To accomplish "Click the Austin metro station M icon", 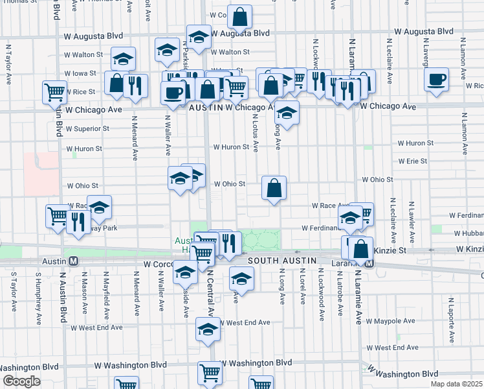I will point(74,261).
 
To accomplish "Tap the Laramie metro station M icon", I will point(369,264).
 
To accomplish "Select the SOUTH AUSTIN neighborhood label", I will point(283,260).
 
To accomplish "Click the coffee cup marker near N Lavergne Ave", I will point(437,80).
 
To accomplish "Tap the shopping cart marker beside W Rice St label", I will point(54,92).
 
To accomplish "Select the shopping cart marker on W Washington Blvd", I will point(210,373).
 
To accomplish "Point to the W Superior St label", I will point(87,129).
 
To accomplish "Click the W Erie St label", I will point(413,161).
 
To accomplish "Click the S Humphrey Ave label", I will point(38,298).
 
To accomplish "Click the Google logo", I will point(21,381).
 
